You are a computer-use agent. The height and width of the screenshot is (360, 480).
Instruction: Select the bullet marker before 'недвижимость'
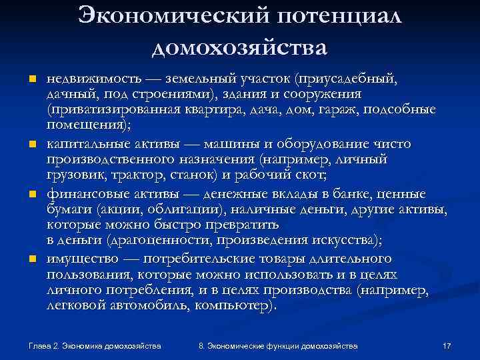[31, 81]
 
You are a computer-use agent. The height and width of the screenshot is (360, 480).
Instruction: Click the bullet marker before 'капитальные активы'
[31, 145]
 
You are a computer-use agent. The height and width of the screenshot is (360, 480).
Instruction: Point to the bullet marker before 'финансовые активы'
[31, 194]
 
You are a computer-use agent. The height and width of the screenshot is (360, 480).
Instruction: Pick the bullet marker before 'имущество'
[31, 259]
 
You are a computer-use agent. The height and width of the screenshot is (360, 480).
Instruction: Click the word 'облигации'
[175, 211]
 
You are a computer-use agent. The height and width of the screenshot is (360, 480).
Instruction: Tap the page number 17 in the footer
[447, 347]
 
